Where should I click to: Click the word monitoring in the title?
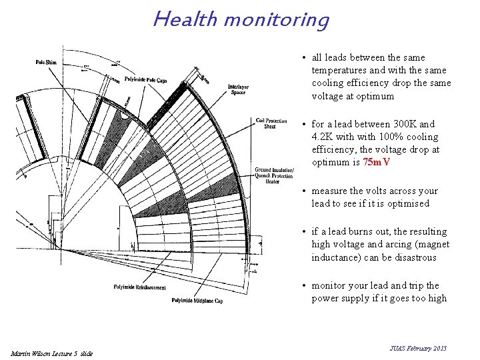click(x=276, y=20)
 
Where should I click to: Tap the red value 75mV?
click(x=376, y=163)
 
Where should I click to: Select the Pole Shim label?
click(x=46, y=63)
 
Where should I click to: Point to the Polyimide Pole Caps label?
click(x=147, y=80)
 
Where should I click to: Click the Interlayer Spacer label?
click(x=238, y=90)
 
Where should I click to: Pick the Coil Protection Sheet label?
click(x=270, y=123)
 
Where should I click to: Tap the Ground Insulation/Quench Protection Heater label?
click(x=273, y=175)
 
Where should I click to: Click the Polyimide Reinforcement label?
click(x=139, y=288)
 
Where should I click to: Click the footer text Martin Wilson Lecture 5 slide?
click(x=52, y=353)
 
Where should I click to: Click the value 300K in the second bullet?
click(x=403, y=124)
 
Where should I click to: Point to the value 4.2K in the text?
click(x=323, y=137)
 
